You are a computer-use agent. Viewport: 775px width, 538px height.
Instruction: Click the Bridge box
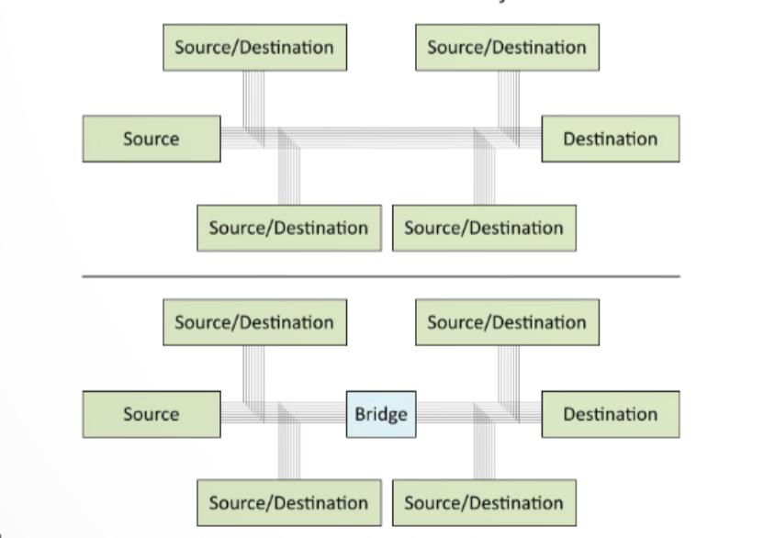click(x=380, y=414)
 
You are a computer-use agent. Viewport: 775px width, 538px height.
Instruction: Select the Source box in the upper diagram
click(x=152, y=139)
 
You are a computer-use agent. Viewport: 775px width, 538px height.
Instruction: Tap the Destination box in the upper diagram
click(x=611, y=139)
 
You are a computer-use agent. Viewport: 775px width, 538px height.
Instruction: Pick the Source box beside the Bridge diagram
click(x=152, y=414)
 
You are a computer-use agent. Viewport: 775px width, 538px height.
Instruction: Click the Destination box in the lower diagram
click(x=611, y=414)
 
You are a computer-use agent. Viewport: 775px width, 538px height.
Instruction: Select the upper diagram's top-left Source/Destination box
click(x=254, y=47)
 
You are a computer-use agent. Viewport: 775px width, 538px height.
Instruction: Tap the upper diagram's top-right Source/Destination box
click(x=507, y=47)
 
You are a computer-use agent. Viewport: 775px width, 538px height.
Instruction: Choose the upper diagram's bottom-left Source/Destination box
click(x=288, y=228)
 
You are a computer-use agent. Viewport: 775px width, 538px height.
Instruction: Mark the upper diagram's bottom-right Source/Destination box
click(x=484, y=228)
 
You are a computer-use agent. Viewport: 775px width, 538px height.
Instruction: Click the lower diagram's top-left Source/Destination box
click(x=254, y=322)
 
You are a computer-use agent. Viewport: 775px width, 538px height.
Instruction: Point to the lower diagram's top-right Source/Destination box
click(x=507, y=322)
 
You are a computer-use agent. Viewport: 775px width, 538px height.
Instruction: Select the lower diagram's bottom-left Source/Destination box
click(x=288, y=503)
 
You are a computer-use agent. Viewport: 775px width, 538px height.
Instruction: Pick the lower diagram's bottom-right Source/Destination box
click(x=484, y=503)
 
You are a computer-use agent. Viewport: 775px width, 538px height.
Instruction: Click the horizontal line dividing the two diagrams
click(x=380, y=275)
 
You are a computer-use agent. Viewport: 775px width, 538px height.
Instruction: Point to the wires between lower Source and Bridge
click(x=312, y=414)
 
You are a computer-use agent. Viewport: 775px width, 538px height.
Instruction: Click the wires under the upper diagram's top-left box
click(x=254, y=96)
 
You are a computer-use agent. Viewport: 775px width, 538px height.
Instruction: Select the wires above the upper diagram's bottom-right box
click(x=484, y=179)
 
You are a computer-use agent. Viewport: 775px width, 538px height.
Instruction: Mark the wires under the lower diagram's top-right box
click(x=508, y=372)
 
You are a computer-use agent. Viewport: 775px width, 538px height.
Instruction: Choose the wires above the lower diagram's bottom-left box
click(x=289, y=454)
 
